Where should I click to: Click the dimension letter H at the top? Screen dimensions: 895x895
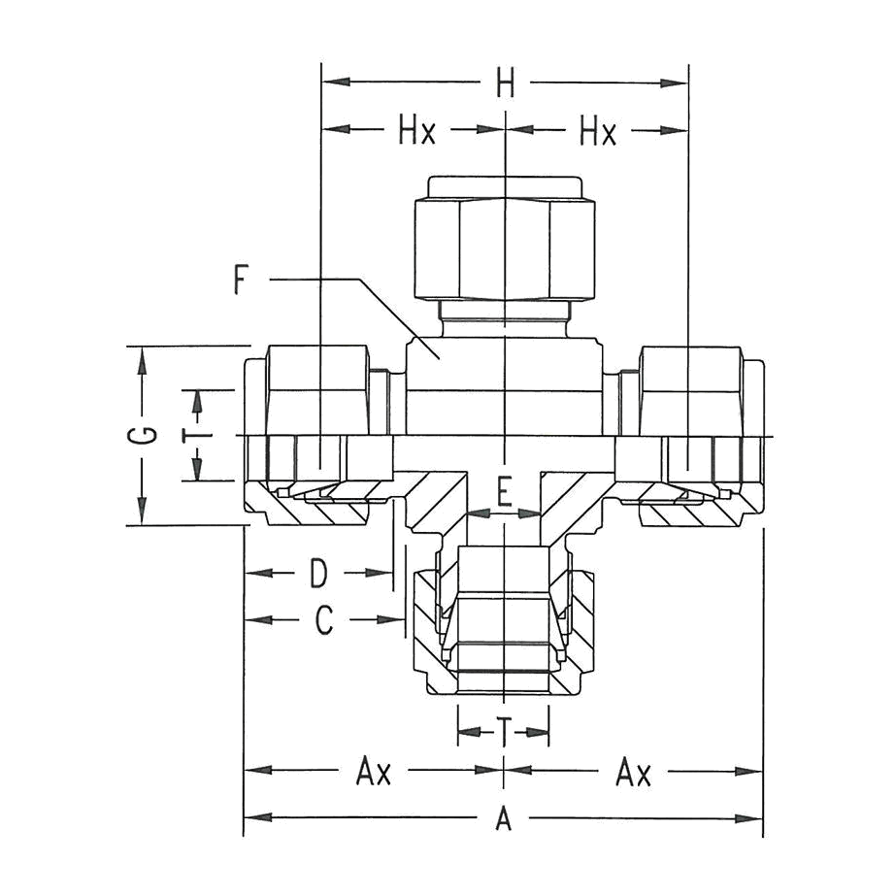505,83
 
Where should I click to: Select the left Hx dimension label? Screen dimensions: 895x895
416,131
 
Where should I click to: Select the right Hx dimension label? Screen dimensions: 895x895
598,131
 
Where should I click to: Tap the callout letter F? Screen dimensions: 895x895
242,280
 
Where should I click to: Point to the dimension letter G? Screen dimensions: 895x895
142,436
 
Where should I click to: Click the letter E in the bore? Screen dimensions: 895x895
504,492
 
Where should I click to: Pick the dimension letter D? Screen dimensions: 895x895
318,573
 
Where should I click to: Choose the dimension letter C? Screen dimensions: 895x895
324,620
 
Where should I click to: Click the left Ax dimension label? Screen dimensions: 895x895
374,771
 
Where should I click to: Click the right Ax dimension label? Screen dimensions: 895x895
634,771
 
